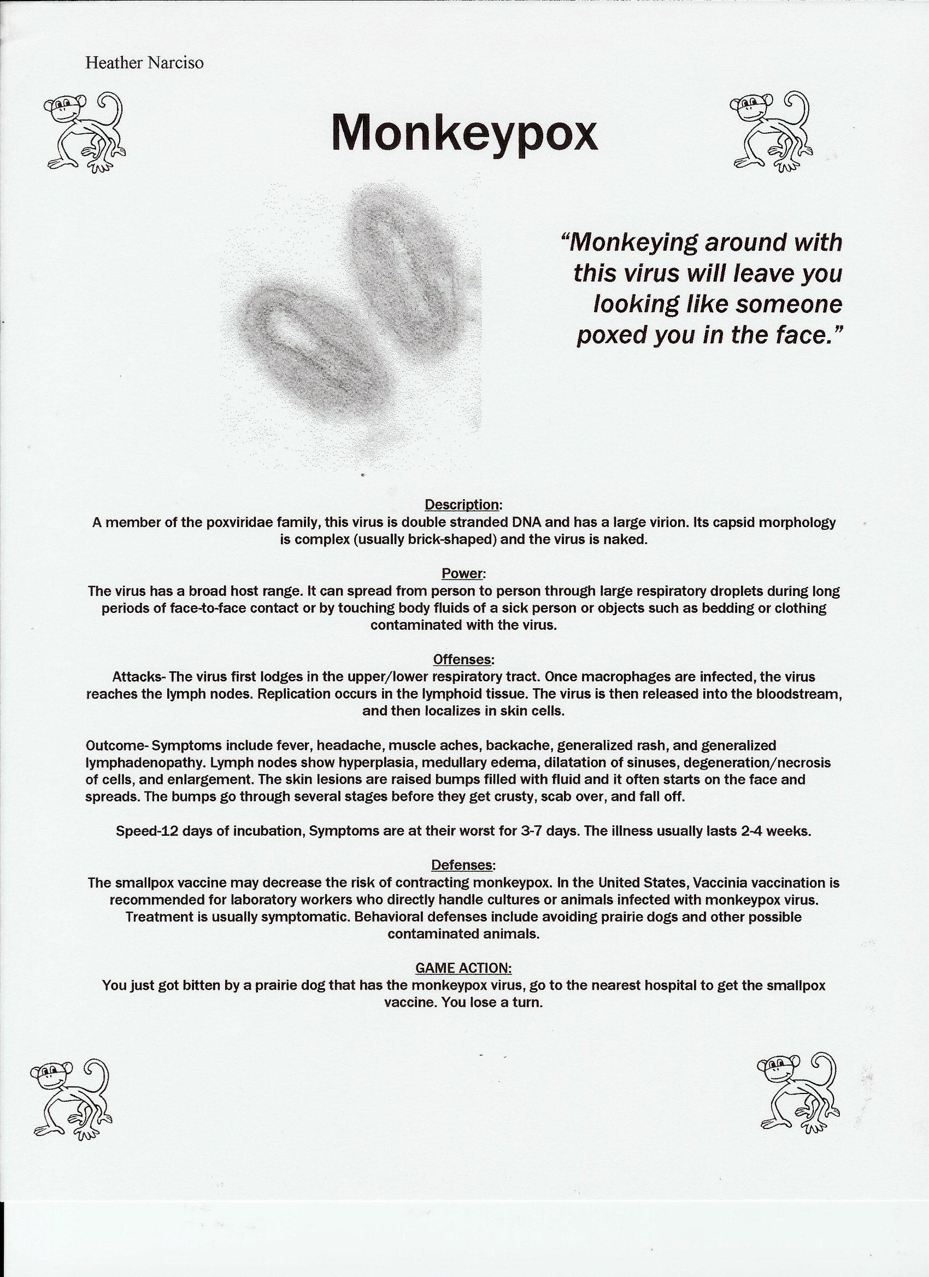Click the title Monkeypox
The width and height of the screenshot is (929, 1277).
coord(463,132)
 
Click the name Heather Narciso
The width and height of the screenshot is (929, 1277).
coord(144,62)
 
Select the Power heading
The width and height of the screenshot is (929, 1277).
coord(462,574)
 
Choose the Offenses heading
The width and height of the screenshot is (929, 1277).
coord(463,659)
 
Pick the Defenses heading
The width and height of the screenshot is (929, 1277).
coord(463,865)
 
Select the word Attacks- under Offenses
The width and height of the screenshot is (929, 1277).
coord(139,677)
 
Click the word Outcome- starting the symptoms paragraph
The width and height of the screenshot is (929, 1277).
coord(117,746)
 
